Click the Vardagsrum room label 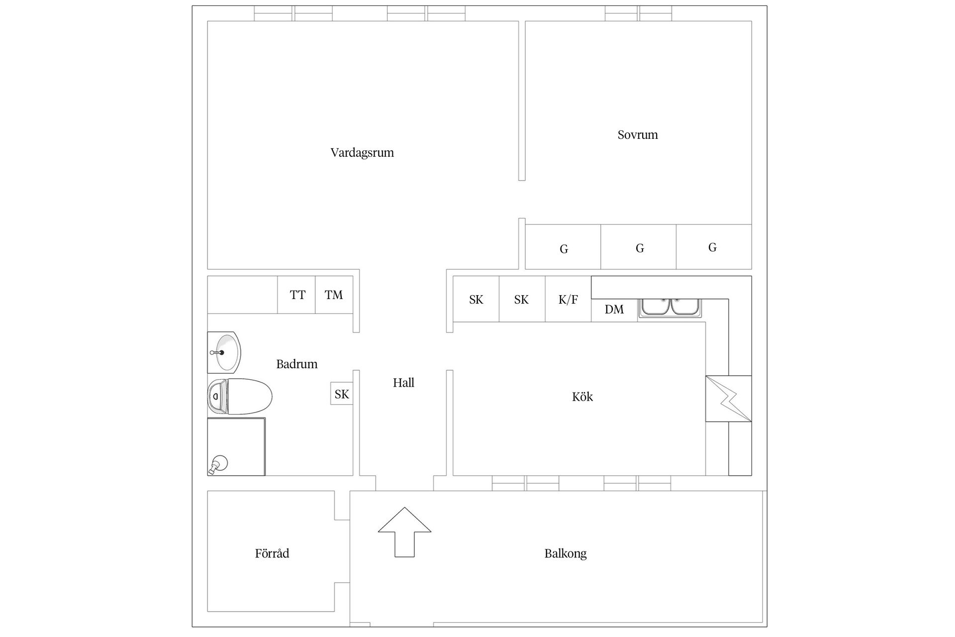click(x=362, y=153)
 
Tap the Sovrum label click(x=638, y=135)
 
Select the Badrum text click(x=297, y=364)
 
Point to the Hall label click(x=403, y=383)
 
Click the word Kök click(x=582, y=397)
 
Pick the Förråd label click(x=272, y=553)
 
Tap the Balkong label click(x=566, y=553)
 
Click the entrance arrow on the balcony click(x=404, y=532)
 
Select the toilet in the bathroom click(x=240, y=396)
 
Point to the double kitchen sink click(x=670, y=308)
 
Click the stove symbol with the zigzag click(x=728, y=399)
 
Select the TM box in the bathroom click(x=334, y=295)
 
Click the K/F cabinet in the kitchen click(x=568, y=299)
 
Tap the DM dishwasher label click(x=614, y=310)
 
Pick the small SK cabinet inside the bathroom click(x=342, y=394)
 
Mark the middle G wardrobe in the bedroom click(x=639, y=247)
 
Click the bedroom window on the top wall click(x=639, y=13)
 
